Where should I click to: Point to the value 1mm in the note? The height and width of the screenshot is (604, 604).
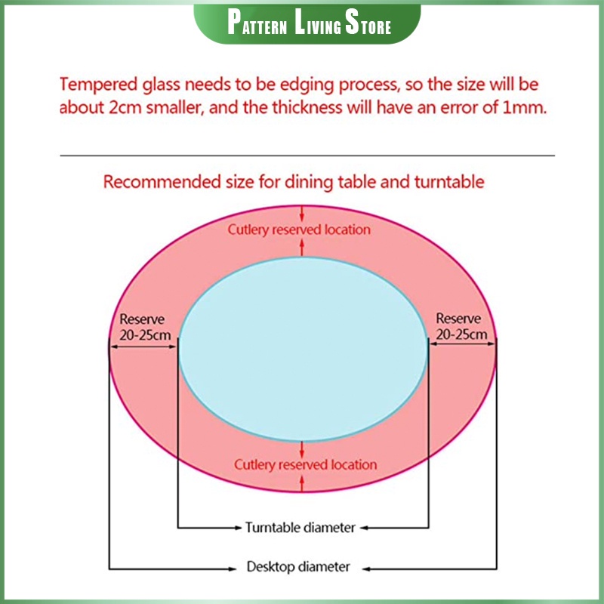[x=524, y=107]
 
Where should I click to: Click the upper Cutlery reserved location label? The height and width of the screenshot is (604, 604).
[x=299, y=229]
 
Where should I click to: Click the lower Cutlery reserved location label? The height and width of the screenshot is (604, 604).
[x=305, y=464]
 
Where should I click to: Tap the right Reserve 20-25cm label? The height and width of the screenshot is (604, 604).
[x=461, y=327]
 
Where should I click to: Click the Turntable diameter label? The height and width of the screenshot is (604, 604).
[x=300, y=528]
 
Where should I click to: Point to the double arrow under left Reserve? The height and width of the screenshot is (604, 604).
[x=143, y=346]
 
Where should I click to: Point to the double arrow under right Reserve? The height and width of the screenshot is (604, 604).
[x=461, y=346]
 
